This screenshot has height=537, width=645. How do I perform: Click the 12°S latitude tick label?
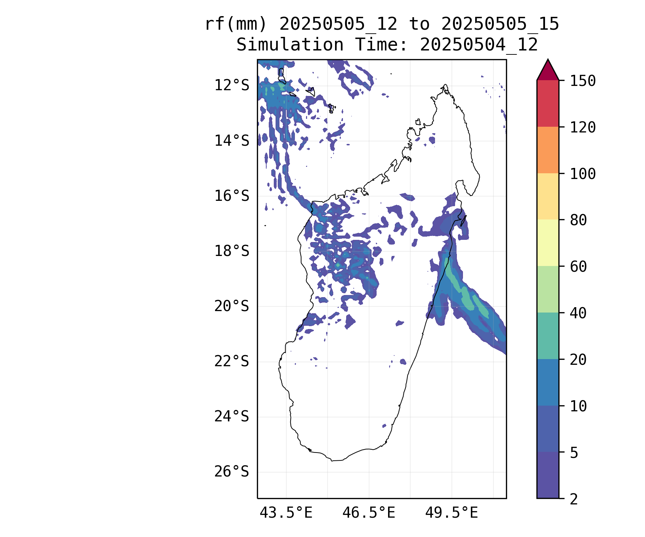pyautogui.click(x=231, y=86)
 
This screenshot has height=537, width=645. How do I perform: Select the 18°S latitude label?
pyautogui.click(x=231, y=251)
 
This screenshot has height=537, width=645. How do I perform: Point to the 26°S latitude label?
pyautogui.click(x=231, y=472)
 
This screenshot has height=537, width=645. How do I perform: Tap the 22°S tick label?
pyautogui.click(x=231, y=362)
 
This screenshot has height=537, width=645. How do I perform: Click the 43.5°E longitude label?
pyautogui.click(x=286, y=513)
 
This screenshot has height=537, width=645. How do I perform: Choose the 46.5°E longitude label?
pyautogui.click(x=369, y=513)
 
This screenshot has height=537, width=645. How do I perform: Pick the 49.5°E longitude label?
pyautogui.click(x=451, y=513)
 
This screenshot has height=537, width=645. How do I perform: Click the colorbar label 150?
pyautogui.click(x=583, y=81)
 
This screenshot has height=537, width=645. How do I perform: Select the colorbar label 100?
pyautogui.click(x=583, y=174)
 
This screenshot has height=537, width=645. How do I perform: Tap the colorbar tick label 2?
pyautogui.click(x=574, y=499)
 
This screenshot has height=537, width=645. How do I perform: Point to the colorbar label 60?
pyautogui.click(x=578, y=266)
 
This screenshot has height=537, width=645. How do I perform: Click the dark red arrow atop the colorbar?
pyautogui.click(x=548, y=71)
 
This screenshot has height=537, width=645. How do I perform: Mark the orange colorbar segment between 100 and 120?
pyautogui.click(x=548, y=150)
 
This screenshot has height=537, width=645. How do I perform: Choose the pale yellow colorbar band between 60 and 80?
pyautogui.click(x=548, y=243)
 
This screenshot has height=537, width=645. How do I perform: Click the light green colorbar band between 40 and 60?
pyautogui.click(x=548, y=289)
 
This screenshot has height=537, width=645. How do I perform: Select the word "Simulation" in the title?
pyautogui.click(x=290, y=45)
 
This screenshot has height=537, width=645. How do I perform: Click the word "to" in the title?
pyautogui.click(x=419, y=24)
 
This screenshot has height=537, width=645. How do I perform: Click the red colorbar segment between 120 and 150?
pyautogui.click(x=548, y=103)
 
